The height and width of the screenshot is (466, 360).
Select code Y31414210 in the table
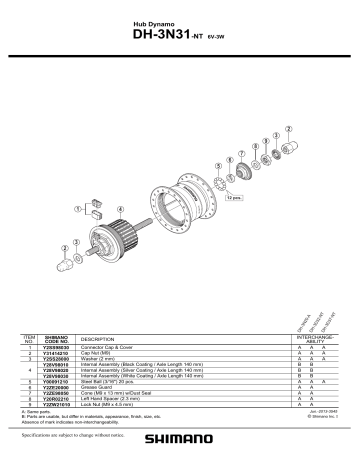click(56, 353)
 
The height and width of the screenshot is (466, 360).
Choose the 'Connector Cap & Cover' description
click(109, 347)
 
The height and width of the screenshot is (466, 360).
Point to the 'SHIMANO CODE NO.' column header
click(56, 338)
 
